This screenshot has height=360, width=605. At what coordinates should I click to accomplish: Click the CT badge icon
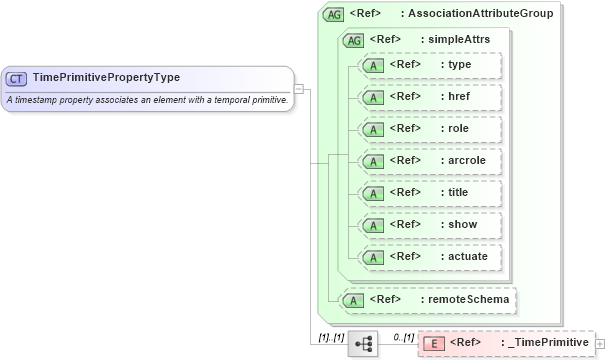(x=16, y=77)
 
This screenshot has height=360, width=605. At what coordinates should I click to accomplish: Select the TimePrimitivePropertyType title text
(x=105, y=77)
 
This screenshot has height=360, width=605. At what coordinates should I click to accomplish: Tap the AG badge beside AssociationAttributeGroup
(x=333, y=15)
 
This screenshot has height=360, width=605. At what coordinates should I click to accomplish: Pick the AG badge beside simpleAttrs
(x=353, y=40)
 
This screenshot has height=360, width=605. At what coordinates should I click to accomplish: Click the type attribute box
(x=428, y=65)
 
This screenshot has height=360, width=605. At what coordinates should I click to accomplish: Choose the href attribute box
(x=428, y=97)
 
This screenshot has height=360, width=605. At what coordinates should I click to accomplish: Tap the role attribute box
(x=428, y=129)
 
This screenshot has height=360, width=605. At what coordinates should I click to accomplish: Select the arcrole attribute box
(x=428, y=161)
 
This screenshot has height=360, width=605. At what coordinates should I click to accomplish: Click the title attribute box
(x=428, y=193)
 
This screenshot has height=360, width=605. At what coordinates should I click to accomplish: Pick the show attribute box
(x=428, y=225)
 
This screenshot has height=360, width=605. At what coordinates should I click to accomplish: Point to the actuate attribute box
(x=428, y=257)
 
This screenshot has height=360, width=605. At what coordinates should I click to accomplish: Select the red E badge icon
(x=434, y=344)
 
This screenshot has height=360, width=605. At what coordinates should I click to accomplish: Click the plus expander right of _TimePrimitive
(x=600, y=344)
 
